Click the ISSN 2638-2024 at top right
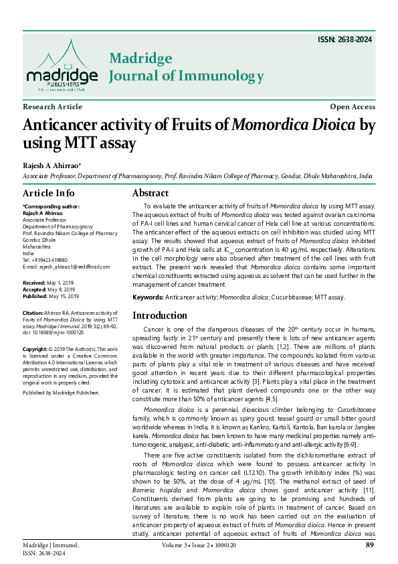pyautogui.click(x=345, y=40)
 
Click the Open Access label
pyautogui.click(x=353, y=107)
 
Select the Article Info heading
pyautogui.click(x=49, y=193)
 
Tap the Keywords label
pyautogui.click(x=148, y=297)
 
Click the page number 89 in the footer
pyautogui.click(x=369, y=546)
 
